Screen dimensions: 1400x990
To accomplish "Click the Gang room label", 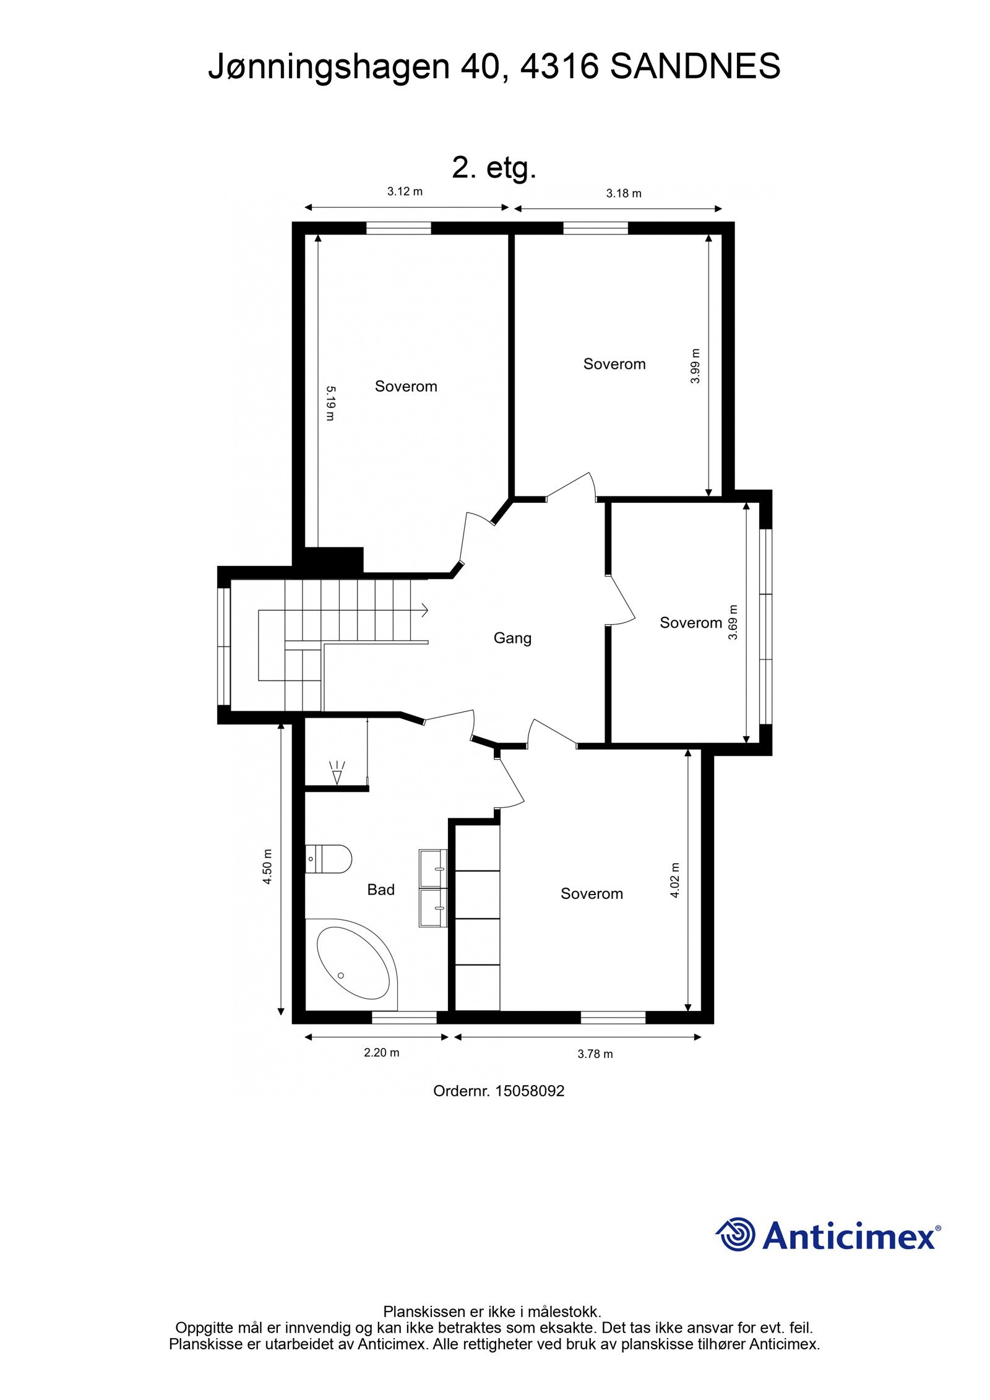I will [x=512, y=637].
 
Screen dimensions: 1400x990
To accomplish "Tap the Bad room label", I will [x=381, y=889].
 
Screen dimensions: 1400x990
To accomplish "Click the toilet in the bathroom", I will [x=329, y=859].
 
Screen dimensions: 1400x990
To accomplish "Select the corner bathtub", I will [x=355, y=964].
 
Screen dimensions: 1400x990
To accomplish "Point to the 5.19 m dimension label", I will [x=330, y=403].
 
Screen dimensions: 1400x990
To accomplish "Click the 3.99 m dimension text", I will [x=695, y=366].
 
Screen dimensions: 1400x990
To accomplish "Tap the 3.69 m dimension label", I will [x=733, y=622].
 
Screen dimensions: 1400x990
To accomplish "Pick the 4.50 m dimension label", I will [x=267, y=866].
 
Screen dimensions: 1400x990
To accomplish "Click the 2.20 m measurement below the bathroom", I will [x=381, y=1052].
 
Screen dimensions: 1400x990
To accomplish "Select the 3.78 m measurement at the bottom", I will [x=595, y=1054].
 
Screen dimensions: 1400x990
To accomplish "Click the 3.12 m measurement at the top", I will [x=405, y=191].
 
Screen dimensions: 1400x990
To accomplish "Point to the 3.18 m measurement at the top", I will [x=623, y=193].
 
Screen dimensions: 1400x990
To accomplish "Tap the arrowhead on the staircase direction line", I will [x=425, y=610].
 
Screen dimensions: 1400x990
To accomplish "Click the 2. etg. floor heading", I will [x=494, y=167].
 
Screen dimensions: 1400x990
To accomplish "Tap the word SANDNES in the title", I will [x=695, y=66].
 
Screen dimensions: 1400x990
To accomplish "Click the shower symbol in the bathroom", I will [x=337, y=774].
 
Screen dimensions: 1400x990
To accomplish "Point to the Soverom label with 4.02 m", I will [x=592, y=893].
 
